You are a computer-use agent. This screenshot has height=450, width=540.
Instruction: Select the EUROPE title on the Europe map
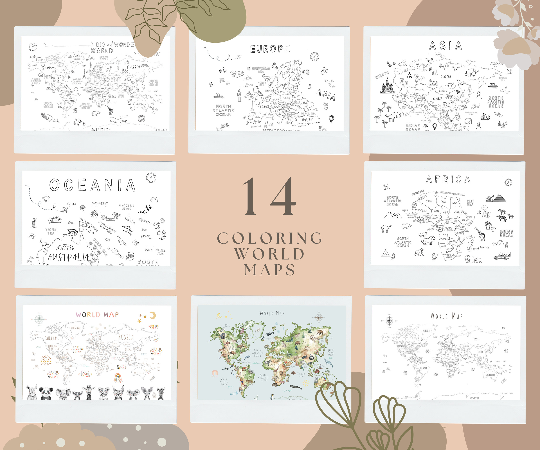pyautogui.click(x=270, y=49)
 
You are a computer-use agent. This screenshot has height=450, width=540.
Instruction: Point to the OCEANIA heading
pyautogui.click(x=92, y=185)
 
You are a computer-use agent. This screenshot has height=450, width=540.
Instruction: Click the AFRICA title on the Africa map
pyautogui.click(x=448, y=179)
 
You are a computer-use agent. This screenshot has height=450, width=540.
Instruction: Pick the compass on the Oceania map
pyautogui.click(x=151, y=177)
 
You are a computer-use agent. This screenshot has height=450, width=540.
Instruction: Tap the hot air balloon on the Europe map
pyautogui.click(x=332, y=119)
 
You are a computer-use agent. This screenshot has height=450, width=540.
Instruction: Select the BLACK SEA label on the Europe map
pyautogui.click(x=308, y=113)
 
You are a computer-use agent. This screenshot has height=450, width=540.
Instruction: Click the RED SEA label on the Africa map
pyautogui.click(x=470, y=203)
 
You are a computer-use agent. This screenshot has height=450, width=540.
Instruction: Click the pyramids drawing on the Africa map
pyautogui.click(x=496, y=198)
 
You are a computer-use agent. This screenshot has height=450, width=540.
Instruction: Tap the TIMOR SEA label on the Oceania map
pyautogui.click(x=51, y=231)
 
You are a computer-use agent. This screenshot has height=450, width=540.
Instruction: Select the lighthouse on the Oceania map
pyautogui.click(x=34, y=223)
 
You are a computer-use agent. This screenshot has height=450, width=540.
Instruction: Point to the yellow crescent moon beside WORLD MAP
pyautogui.click(x=153, y=315)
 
